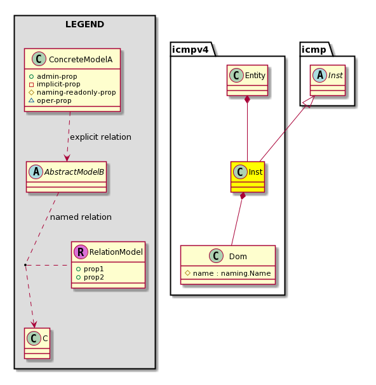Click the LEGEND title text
pos(84,24)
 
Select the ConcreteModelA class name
pos(81,60)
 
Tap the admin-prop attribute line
pos(53,76)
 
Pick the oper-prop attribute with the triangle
pos(50,100)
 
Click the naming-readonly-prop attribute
pos(72,93)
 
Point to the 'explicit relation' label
pos(100,137)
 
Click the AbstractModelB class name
pos(74,172)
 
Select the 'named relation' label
pos(81,217)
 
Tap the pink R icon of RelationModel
pos(81,252)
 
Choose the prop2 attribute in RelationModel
pos(90,278)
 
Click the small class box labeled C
pos(37,343)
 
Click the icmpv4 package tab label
pos(190,50)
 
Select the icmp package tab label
pos(314,50)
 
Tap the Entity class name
pos(255,76)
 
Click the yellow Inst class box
pos(248,177)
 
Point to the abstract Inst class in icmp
pos(328,80)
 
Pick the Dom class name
pos(238,256)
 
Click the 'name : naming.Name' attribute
pos(228,273)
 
